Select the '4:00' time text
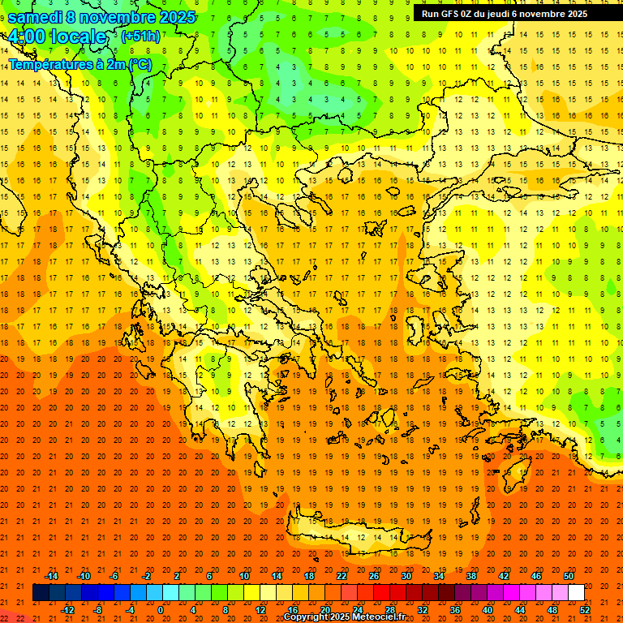[x=29, y=37]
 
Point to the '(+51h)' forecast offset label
[x=140, y=37]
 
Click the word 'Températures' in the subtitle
[x=46, y=64]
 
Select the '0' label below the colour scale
[x=160, y=609]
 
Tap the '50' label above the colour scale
[x=569, y=576]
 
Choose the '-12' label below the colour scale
[x=67, y=609]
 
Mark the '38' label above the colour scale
[x=470, y=576]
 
